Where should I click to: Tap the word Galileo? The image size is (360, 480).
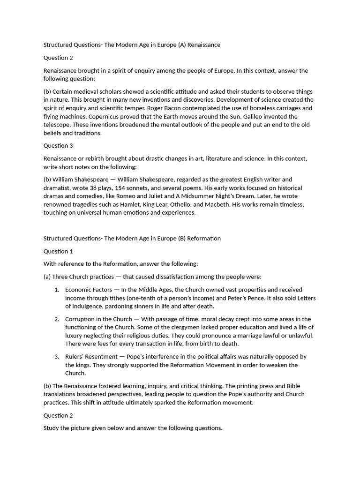[259, 116]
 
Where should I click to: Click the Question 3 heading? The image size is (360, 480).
[58, 146]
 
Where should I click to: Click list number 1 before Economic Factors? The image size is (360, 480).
[56, 290]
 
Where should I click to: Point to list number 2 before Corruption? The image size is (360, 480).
[56, 319]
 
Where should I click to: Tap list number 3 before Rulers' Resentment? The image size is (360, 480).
[56, 357]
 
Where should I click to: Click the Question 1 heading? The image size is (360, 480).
[58, 251]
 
